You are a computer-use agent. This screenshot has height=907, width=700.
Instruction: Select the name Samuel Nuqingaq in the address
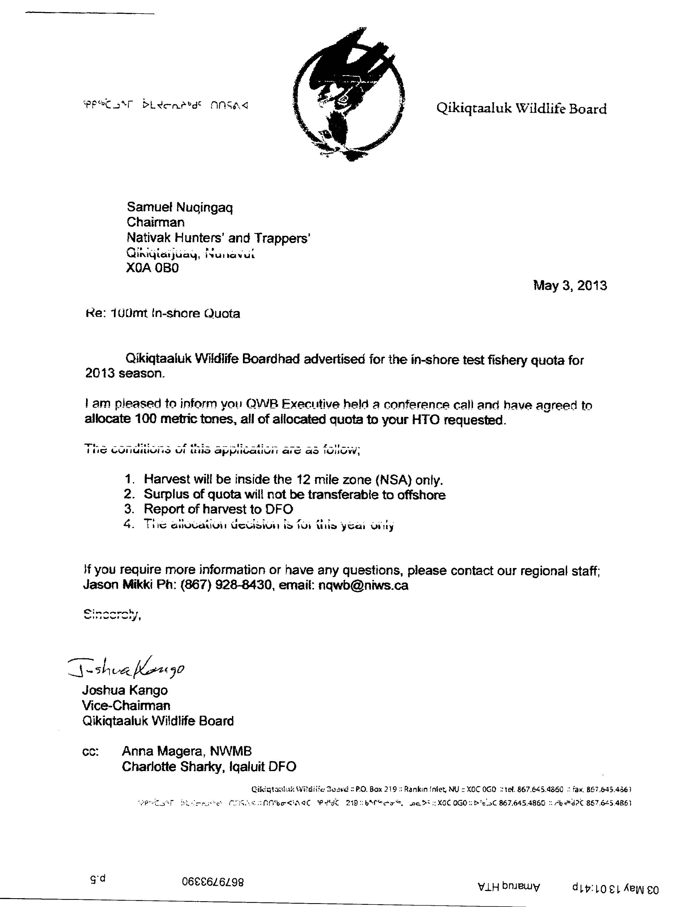(x=180, y=207)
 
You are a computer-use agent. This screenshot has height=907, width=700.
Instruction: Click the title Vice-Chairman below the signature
(x=126, y=706)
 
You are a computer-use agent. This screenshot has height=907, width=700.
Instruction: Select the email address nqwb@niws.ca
(x=363, y=585)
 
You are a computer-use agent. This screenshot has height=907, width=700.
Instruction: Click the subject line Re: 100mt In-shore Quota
(x=162, y=313)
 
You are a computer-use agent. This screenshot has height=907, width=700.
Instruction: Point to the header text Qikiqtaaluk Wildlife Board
(x=521, y=109)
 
